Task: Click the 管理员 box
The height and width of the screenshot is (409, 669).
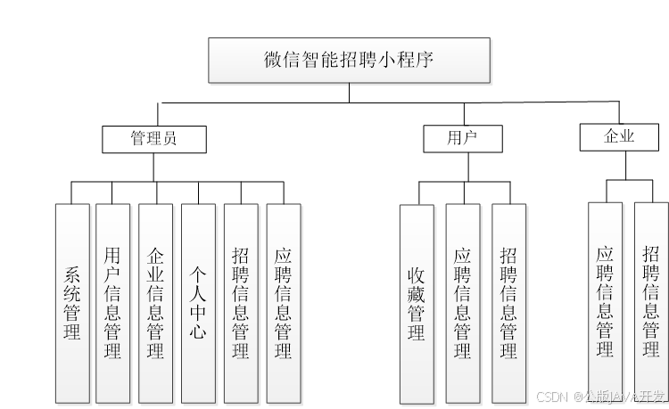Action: [153, 139]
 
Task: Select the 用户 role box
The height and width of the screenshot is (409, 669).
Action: [462, 138]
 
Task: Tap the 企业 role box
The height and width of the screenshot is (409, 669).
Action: [618, 136]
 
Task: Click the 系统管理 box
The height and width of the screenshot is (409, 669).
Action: [72, 303]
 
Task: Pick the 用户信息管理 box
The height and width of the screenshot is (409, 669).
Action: [113, 303]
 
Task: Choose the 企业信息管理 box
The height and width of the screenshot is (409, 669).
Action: [156, 303]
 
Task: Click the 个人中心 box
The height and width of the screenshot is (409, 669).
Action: [198, 303]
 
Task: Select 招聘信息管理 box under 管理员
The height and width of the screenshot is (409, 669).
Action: [241, 303]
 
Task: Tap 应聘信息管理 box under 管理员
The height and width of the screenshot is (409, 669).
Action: [284, 303]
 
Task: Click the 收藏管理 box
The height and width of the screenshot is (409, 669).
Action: [417, 304]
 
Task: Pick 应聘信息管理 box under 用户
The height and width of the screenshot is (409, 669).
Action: [463, 304]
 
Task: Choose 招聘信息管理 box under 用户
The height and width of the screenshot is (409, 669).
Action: [508, 304]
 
